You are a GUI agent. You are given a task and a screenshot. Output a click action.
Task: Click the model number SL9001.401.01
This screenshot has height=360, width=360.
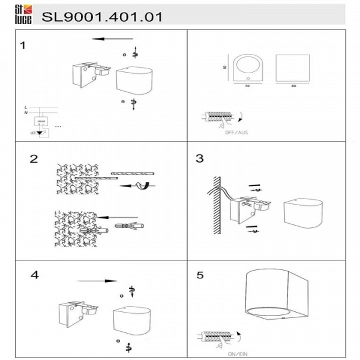point(102,17)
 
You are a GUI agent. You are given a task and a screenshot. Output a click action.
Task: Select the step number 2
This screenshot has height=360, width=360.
point(34,159)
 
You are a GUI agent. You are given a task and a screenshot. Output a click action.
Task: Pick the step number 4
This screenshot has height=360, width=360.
point(34,275)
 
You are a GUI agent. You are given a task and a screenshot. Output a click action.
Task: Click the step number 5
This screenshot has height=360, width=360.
point(200,275)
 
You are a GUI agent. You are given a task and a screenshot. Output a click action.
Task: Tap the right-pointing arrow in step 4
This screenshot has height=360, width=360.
point(97,281)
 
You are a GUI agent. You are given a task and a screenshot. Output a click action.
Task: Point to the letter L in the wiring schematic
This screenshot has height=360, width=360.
point(25,106)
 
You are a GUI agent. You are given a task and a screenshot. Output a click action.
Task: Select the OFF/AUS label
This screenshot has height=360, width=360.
point(238,131)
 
